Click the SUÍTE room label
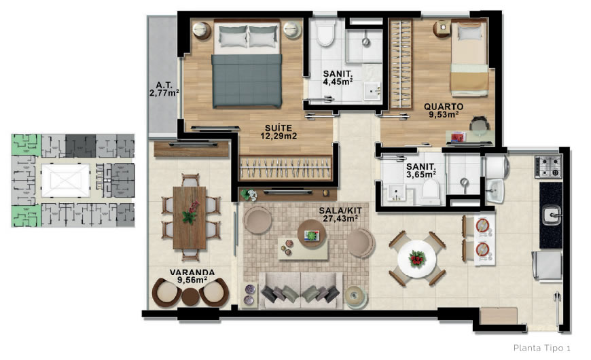[x=278, y=128]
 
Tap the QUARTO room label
[x=444, y=107]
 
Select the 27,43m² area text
[x=340, y=219]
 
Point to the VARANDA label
[x=192, y=272]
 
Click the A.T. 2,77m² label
[x=164, y=89]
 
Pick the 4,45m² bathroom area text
[x=338, y=82]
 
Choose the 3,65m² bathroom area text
[x=421, y=175]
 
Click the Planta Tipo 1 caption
[x=542, y=348]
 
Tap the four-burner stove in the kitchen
[x=548, y=166]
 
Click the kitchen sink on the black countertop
[x=552, y=215]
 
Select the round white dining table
[x=417, y=259]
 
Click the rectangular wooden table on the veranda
[x=190, y=218]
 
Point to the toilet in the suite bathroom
[x=325, y=32]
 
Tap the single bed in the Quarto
[x=469, y=58]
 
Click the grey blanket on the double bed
[x=247, y=81]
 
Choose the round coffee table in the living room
[x=312, y=234]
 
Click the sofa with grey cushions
[x=301, y=290]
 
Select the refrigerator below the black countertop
[x=548, y=266]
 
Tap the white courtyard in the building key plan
[x=66, y=181]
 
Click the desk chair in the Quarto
[x=480, y=124]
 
